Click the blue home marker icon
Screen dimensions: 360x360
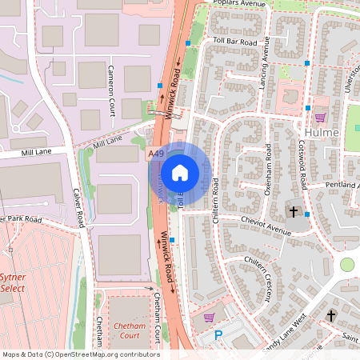[x=180, y=172]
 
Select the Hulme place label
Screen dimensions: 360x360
[x=322, y=132]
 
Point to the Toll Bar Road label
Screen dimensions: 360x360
[x=235, y=42]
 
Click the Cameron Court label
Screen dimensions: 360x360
[x=111, y=88]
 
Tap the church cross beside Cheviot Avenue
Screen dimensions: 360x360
[x=294, y=213]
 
